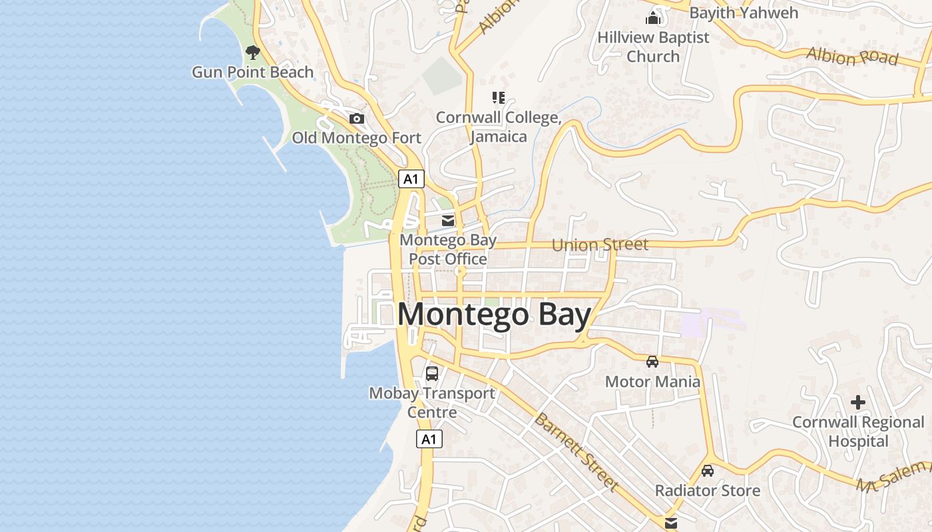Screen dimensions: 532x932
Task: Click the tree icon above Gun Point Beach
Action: point(252,52)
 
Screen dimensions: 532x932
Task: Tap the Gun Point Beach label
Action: point(252,72)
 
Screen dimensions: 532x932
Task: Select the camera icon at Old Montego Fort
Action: point(357,118)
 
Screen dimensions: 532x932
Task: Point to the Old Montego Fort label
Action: point(357,138)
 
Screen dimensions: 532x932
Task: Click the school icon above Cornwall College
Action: point(499,98)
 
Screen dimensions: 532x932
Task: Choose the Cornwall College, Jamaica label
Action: point(499,127)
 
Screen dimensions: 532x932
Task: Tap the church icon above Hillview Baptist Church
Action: point(653,17)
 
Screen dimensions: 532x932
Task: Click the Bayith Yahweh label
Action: point(744,13)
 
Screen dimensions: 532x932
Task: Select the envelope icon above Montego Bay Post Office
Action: point(448,220)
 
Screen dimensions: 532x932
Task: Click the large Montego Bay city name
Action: point(494,315)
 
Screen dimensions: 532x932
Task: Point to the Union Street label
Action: point(600,245)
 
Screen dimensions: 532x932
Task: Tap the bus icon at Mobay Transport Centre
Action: point(432,373)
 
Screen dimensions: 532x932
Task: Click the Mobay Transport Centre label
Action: point(432,402)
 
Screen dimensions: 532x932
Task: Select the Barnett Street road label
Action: point(576,452)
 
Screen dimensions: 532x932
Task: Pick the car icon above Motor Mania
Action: point(652,362)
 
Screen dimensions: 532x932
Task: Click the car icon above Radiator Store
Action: point(708,471)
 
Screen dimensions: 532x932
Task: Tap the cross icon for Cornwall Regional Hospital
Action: point(858,402)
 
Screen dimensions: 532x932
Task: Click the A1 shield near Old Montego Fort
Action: point(411,178)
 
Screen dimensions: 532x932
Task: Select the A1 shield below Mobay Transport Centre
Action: point(429,439)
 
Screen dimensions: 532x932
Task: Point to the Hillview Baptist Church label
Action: point(653,47)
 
